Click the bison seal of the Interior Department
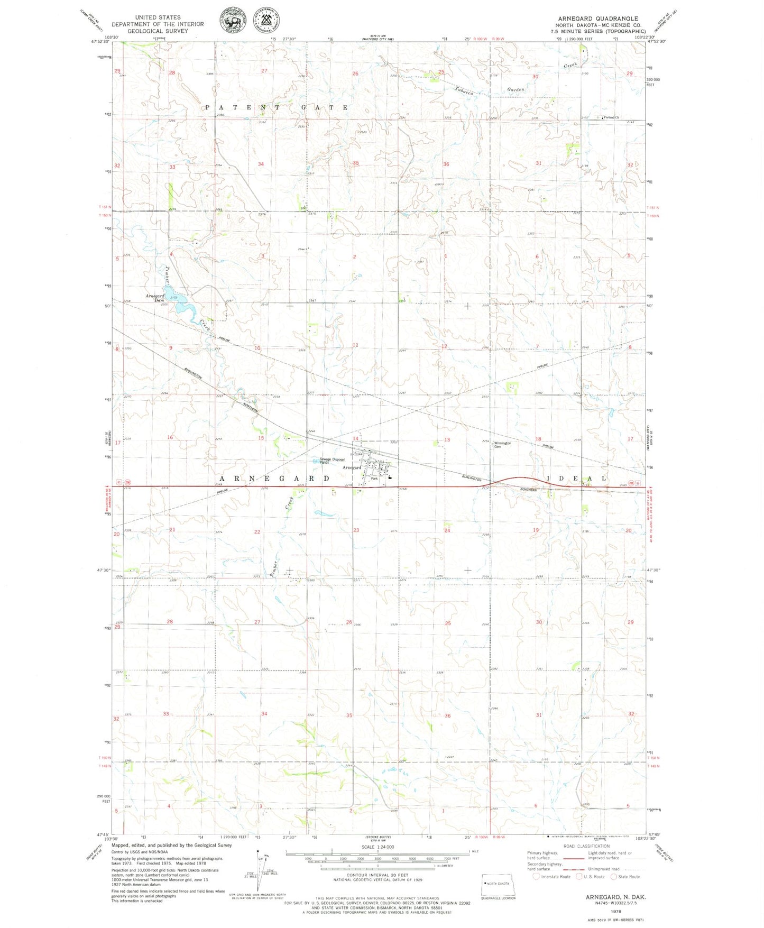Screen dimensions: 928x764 (x=231, y=22)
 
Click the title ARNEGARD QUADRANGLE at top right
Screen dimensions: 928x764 (x=598, y=19)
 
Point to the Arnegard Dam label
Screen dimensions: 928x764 (x=155, y=298)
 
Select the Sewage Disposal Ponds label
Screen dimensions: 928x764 (x=332, y=461)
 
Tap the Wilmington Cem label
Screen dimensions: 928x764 (x=502, y=445)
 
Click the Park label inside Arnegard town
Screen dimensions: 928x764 (x=374, y=478)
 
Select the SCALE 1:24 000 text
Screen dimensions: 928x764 (x=378, y=847)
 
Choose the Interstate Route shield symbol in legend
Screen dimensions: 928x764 (x=536, y=877)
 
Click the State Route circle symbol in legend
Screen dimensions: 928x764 (x=614, y=877)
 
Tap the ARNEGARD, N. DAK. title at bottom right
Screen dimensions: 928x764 (x=615, y=897)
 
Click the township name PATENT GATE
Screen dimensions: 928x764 (x=277, y=107)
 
